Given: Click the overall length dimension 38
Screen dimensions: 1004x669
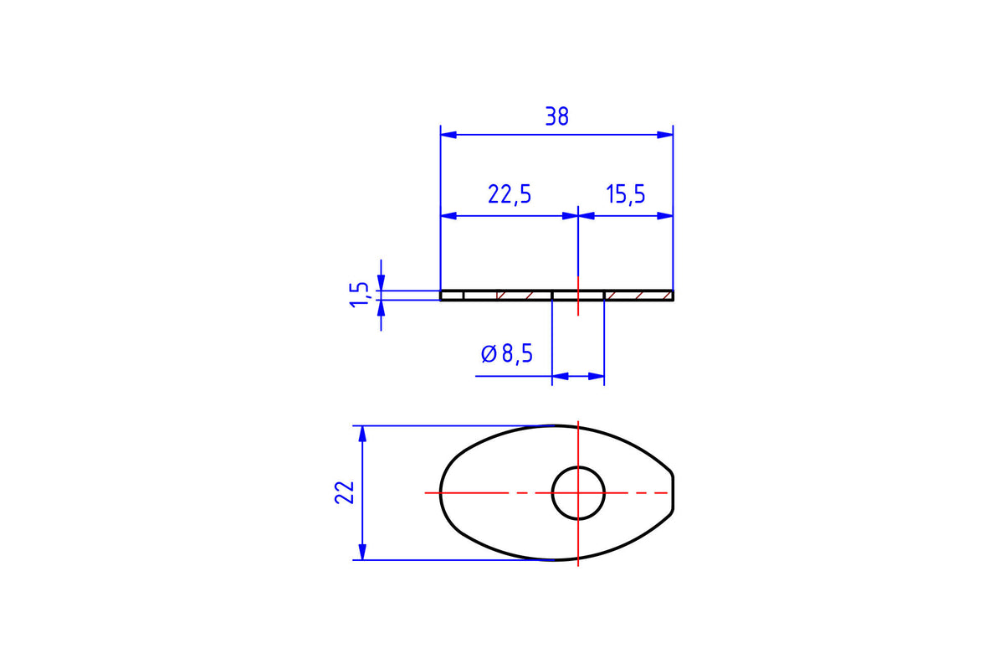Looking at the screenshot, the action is coord(556,116).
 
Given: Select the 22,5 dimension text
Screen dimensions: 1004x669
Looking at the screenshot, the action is coord(510,194).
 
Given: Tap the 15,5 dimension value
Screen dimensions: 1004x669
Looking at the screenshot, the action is coord(625,194).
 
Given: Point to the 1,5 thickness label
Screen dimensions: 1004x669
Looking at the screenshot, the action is coord(359,295).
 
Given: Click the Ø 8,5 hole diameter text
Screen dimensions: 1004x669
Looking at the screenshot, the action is coord(507,353).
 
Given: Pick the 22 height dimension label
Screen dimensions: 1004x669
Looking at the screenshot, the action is coord(345,492).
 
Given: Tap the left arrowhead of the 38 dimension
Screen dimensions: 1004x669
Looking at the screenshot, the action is coord(448,135).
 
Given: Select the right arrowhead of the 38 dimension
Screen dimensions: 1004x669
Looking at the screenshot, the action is coord(665,135).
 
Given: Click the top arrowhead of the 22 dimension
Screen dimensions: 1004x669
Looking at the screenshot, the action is coord(362,434).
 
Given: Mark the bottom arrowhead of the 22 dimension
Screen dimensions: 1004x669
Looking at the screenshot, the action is coord(362,552).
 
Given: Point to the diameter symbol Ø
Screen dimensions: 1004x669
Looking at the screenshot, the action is coord(489,353).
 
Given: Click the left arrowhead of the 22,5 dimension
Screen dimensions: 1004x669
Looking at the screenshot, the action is coord(448,216).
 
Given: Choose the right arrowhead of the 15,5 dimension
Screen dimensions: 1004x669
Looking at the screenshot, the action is coord(665,216).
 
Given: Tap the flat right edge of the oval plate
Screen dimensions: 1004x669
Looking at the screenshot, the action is coord(673,492).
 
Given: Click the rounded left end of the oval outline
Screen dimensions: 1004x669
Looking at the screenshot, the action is coord(441,492).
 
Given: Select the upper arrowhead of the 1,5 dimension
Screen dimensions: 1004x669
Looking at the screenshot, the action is coord(381,283).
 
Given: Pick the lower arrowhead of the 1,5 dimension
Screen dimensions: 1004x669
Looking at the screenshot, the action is coord(381,308).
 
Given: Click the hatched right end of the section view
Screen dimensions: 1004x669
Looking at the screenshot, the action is coord(638,296).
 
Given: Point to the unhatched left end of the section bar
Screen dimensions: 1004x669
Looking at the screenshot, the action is coord(452,296).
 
